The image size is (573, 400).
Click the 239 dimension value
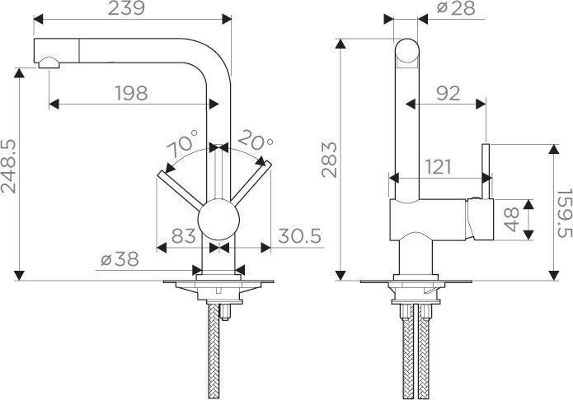(x=131, y=10)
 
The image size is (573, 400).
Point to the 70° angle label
(x=182, y=147)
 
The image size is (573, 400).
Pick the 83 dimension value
(x=184, y=235)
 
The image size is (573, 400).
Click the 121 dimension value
(x=438, y=167)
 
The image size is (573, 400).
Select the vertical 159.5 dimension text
(x=563, y=210)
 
